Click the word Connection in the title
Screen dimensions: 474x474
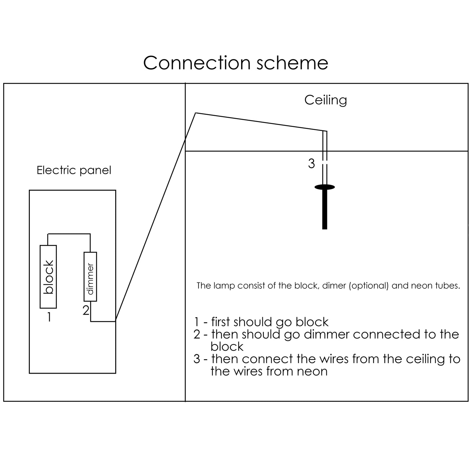tap(197, 63)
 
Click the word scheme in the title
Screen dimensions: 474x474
tap(292, 63)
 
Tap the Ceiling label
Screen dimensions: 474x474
tap(325, 100)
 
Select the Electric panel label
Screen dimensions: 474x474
tap(74, 170)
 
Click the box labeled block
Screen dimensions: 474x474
tap(48, 277)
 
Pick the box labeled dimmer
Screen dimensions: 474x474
tap(90, 277)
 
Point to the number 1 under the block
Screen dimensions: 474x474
tap(49, 317)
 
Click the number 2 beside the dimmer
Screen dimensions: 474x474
tap(86, 310)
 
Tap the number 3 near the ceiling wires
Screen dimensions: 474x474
tap(311, 163)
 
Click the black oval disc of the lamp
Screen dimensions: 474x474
tap(325, 187)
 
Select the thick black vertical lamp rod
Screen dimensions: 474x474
tap(325, 210)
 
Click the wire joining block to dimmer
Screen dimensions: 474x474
tap(69, 234)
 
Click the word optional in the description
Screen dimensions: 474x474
tap(369, 286)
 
